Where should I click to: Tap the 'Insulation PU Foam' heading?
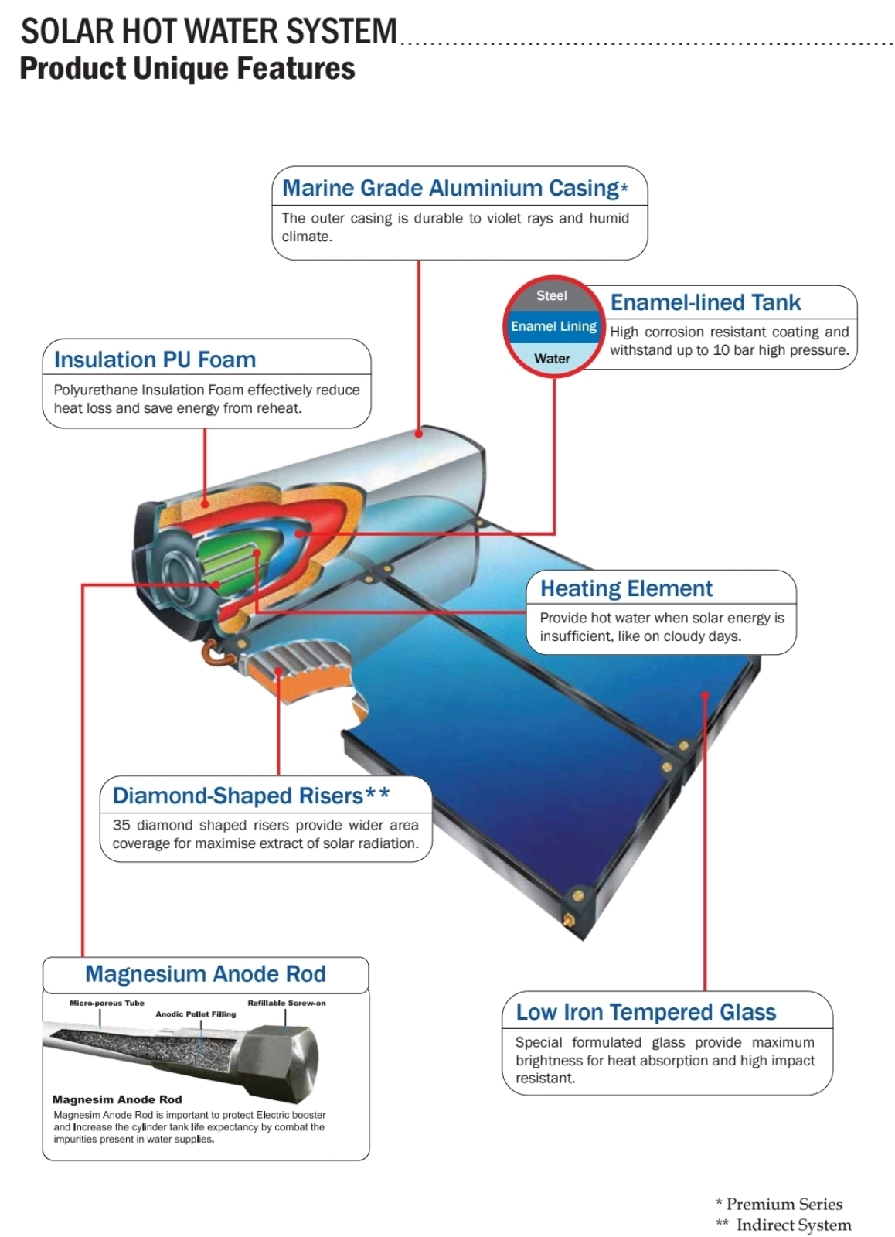155,360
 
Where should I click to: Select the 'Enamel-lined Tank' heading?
705,302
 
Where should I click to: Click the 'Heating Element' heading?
626,588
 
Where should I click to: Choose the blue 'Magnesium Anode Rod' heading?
206,973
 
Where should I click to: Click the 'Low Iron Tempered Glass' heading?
646,1012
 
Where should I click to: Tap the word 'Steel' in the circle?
552,296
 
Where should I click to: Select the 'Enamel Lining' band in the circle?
553,326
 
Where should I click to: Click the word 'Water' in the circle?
552,359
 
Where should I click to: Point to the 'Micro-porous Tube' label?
107,1003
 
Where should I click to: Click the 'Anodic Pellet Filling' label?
196,1014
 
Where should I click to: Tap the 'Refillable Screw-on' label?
287,1003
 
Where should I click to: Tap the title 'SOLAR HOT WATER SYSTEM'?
209,31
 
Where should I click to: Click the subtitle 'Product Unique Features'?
187,69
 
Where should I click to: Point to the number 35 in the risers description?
121,825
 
